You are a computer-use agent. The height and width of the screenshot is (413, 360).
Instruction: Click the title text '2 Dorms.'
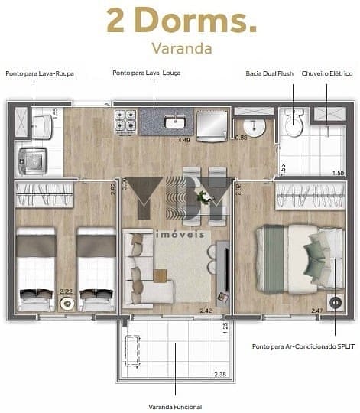180,21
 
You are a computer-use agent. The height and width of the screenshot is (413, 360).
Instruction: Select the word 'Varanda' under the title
180,48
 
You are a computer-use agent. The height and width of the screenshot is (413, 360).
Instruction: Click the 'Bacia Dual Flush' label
270,73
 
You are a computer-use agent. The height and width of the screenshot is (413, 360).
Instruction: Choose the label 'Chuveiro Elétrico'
326,73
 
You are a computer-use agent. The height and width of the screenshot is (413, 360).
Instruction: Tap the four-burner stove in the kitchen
125,120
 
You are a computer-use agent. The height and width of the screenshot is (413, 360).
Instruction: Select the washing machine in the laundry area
31,160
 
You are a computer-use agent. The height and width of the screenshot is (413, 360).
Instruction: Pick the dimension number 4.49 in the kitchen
183,141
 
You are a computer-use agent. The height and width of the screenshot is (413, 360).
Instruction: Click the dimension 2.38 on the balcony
220,374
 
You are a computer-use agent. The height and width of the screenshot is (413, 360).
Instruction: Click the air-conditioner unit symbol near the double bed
334,301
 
